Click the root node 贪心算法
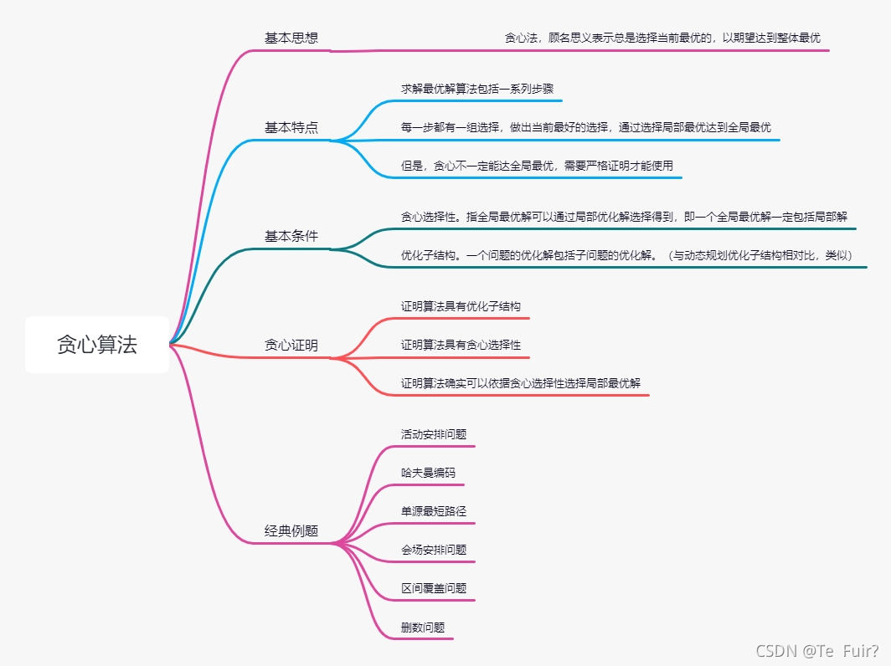coord(97,345)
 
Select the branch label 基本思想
coord(291,38)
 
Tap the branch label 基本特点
coord(291,128)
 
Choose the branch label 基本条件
coord(291,236)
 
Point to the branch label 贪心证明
coord(291,345)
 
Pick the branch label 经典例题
coord(291,531)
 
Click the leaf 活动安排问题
coord(434,434)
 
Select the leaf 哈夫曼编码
coord(428,473)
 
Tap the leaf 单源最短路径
coord(434,511)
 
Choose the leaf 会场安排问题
coord(434,550)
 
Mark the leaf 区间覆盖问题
coord(434,588)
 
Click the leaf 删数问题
coord(423,627)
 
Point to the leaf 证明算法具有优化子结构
coord(461,306)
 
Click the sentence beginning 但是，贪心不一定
coord(537,166)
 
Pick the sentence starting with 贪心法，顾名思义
coord(662,38)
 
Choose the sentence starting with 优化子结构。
coord(626,255)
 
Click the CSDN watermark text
coord(817,651)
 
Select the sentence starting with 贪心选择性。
coord(624,217)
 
